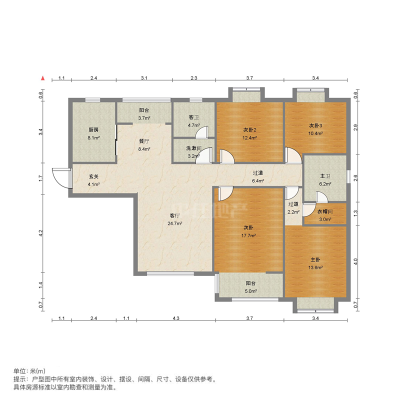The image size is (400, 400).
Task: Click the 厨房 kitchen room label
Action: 93,129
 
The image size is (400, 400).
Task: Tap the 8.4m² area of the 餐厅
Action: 144,148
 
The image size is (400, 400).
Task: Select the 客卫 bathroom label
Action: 194,117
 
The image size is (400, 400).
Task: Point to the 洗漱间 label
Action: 193,148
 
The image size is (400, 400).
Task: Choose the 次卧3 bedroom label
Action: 315,125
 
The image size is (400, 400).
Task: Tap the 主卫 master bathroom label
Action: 325,176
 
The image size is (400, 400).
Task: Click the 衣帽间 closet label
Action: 325,211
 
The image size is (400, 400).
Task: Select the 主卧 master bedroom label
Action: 315,259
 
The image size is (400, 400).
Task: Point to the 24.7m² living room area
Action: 174,223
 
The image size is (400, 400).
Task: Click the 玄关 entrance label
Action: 93,176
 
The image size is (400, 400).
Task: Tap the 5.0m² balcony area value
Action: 250,291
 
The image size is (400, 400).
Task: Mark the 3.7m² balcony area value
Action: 144,118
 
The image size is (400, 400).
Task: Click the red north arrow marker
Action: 44,78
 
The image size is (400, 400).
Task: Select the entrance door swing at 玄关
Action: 60,176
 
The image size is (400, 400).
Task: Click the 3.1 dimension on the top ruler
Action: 144,78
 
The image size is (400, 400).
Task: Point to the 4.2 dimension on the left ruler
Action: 41,232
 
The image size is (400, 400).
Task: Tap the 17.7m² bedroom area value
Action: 249,235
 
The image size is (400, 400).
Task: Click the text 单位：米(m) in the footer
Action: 29,371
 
